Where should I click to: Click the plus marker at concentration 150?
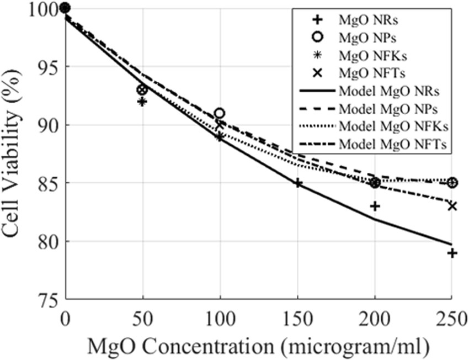298,183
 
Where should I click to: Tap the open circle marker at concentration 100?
220,113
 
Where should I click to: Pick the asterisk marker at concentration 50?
142,102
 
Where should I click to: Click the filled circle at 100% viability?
65,8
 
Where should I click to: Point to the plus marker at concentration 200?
375,206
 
